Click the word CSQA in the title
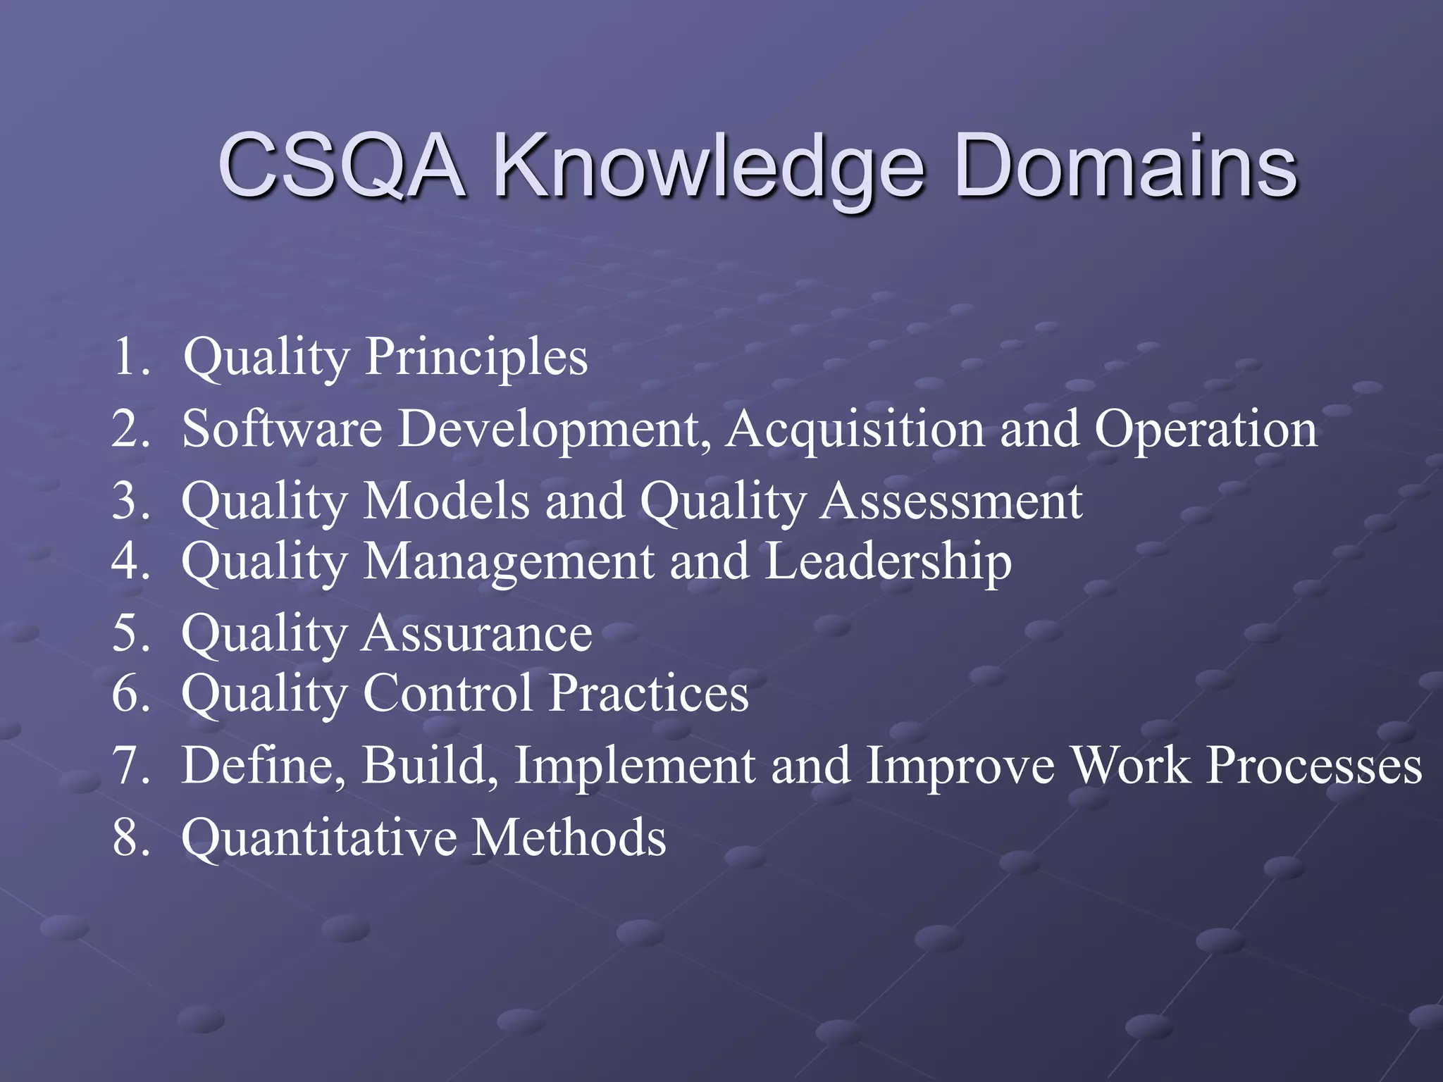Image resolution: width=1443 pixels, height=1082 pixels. tap(341, 166)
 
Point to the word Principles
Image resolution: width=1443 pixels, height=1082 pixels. tap(476, 357)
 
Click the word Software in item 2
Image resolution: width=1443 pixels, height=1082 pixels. tap(282, 429)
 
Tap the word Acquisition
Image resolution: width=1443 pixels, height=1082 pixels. tap(855, 430)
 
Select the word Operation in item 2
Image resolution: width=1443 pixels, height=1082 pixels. tap(1205, 430)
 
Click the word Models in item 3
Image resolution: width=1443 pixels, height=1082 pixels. tap(446, 502)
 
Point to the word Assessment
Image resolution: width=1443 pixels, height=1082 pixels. tap(951, 502)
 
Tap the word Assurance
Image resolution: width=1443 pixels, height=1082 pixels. tap(476, 634)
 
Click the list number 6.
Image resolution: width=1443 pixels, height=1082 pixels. tap(130, 694)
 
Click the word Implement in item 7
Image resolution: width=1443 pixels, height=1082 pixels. tap(635, 766)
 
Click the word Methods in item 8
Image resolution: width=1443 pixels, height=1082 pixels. tap(568, 838)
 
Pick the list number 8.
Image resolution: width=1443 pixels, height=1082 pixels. tap(130, 838)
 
